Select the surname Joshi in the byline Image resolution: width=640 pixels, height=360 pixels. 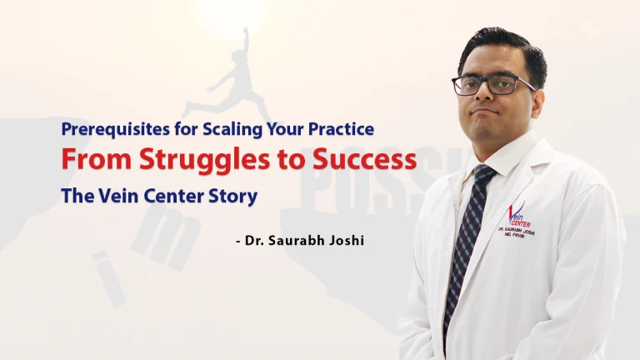tap(352, 242)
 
